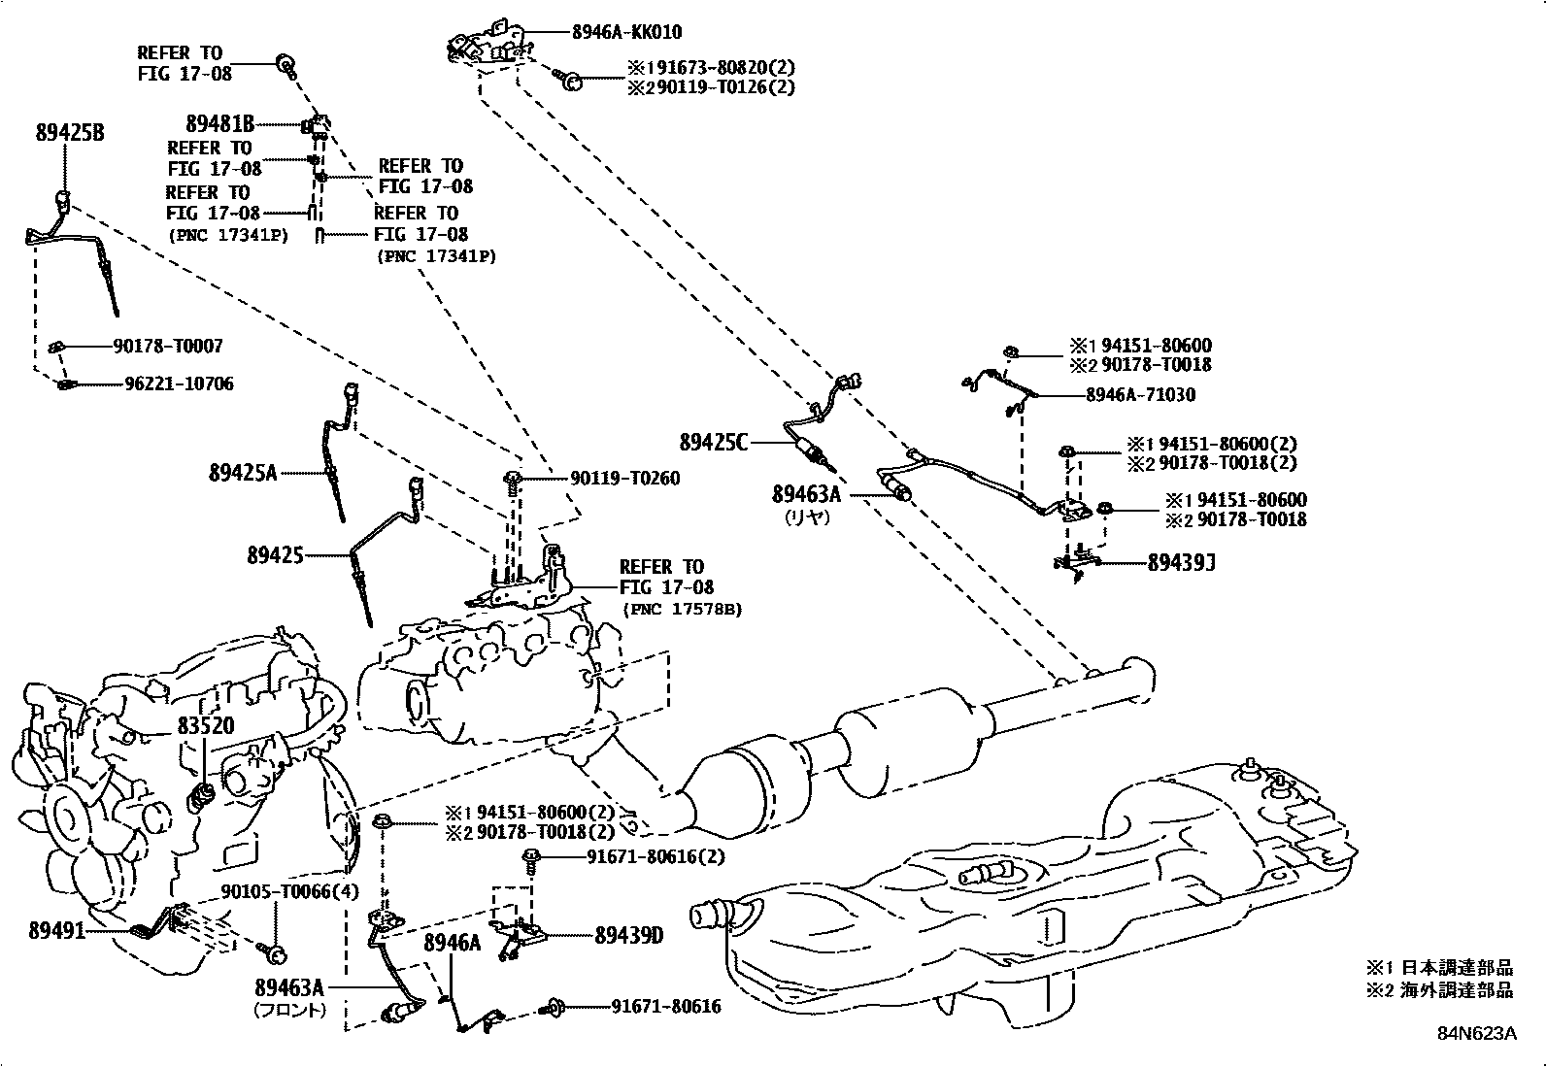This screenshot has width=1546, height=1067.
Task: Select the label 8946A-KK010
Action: [626, 32]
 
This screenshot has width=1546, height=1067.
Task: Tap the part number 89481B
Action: [220, 124]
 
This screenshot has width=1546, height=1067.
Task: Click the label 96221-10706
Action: [179, 383]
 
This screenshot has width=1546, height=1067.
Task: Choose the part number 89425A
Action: [243, 473]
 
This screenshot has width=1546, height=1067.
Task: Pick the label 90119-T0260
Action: [624, 479]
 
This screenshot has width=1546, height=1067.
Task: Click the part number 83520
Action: [206, 725]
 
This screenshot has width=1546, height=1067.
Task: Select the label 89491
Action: [56, 930]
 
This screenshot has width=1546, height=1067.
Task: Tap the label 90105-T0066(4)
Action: [276, 892]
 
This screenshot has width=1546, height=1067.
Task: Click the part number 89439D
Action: [628, 935]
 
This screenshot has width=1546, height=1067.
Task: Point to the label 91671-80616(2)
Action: [655, 857]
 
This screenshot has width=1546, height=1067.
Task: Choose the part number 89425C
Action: [714, 443]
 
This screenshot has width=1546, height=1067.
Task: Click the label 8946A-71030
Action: [1140, 395]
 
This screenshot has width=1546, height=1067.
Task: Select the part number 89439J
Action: [1182, 563]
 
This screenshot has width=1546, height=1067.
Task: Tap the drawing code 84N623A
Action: [1477, 1033]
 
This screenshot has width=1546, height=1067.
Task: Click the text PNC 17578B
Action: [683, 610]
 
